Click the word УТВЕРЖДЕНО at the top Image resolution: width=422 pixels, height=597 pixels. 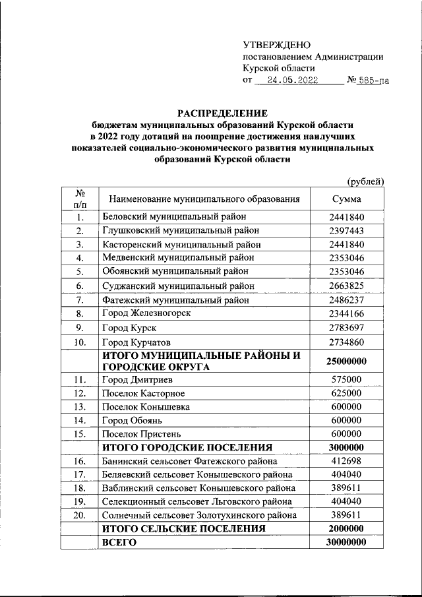tap(276, 45)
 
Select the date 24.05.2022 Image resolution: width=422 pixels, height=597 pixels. tap(288, 81)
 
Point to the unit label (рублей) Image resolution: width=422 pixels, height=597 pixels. tap(366, 181)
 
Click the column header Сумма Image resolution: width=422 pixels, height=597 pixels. tap(346, 199)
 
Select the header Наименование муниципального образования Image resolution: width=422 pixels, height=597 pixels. tap(204, 199)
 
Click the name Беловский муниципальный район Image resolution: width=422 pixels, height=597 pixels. tap(173, 216)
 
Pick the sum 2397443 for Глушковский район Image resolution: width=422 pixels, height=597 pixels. tap(346, 230)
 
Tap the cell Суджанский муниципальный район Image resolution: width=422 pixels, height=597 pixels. tap(177, 286)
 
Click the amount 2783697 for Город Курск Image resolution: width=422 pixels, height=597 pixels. tap(346, 327)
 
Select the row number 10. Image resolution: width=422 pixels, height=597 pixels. tap(79, 342)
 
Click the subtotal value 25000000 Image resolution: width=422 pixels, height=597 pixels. tap(346, 361)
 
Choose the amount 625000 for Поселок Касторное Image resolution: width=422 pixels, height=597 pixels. tap(346, 393)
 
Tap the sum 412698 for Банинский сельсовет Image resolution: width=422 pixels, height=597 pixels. tap(346, 460)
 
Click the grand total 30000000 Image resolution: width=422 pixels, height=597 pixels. tap(346, 542)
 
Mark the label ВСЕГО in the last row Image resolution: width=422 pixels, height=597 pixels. tap(118, 542)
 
